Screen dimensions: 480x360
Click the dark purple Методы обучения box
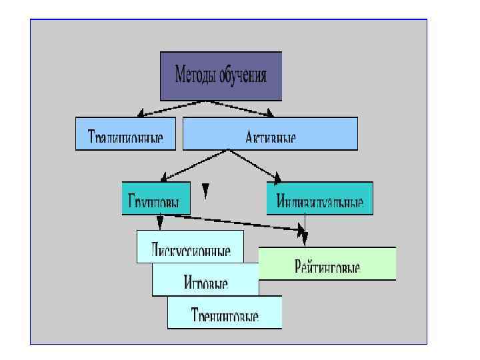221,75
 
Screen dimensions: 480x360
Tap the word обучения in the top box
243,75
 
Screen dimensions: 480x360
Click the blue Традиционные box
126,133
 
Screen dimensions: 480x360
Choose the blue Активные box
270,133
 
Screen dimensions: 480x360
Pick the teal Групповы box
155,198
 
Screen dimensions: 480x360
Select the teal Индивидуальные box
319,198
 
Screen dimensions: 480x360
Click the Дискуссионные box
190,246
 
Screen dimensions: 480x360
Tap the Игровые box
205,279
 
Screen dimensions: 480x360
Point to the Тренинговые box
224,312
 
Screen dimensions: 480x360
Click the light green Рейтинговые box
327,264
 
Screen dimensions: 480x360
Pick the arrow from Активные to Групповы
197,165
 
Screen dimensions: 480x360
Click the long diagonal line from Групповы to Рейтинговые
233,222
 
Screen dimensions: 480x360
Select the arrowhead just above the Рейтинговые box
305,237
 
